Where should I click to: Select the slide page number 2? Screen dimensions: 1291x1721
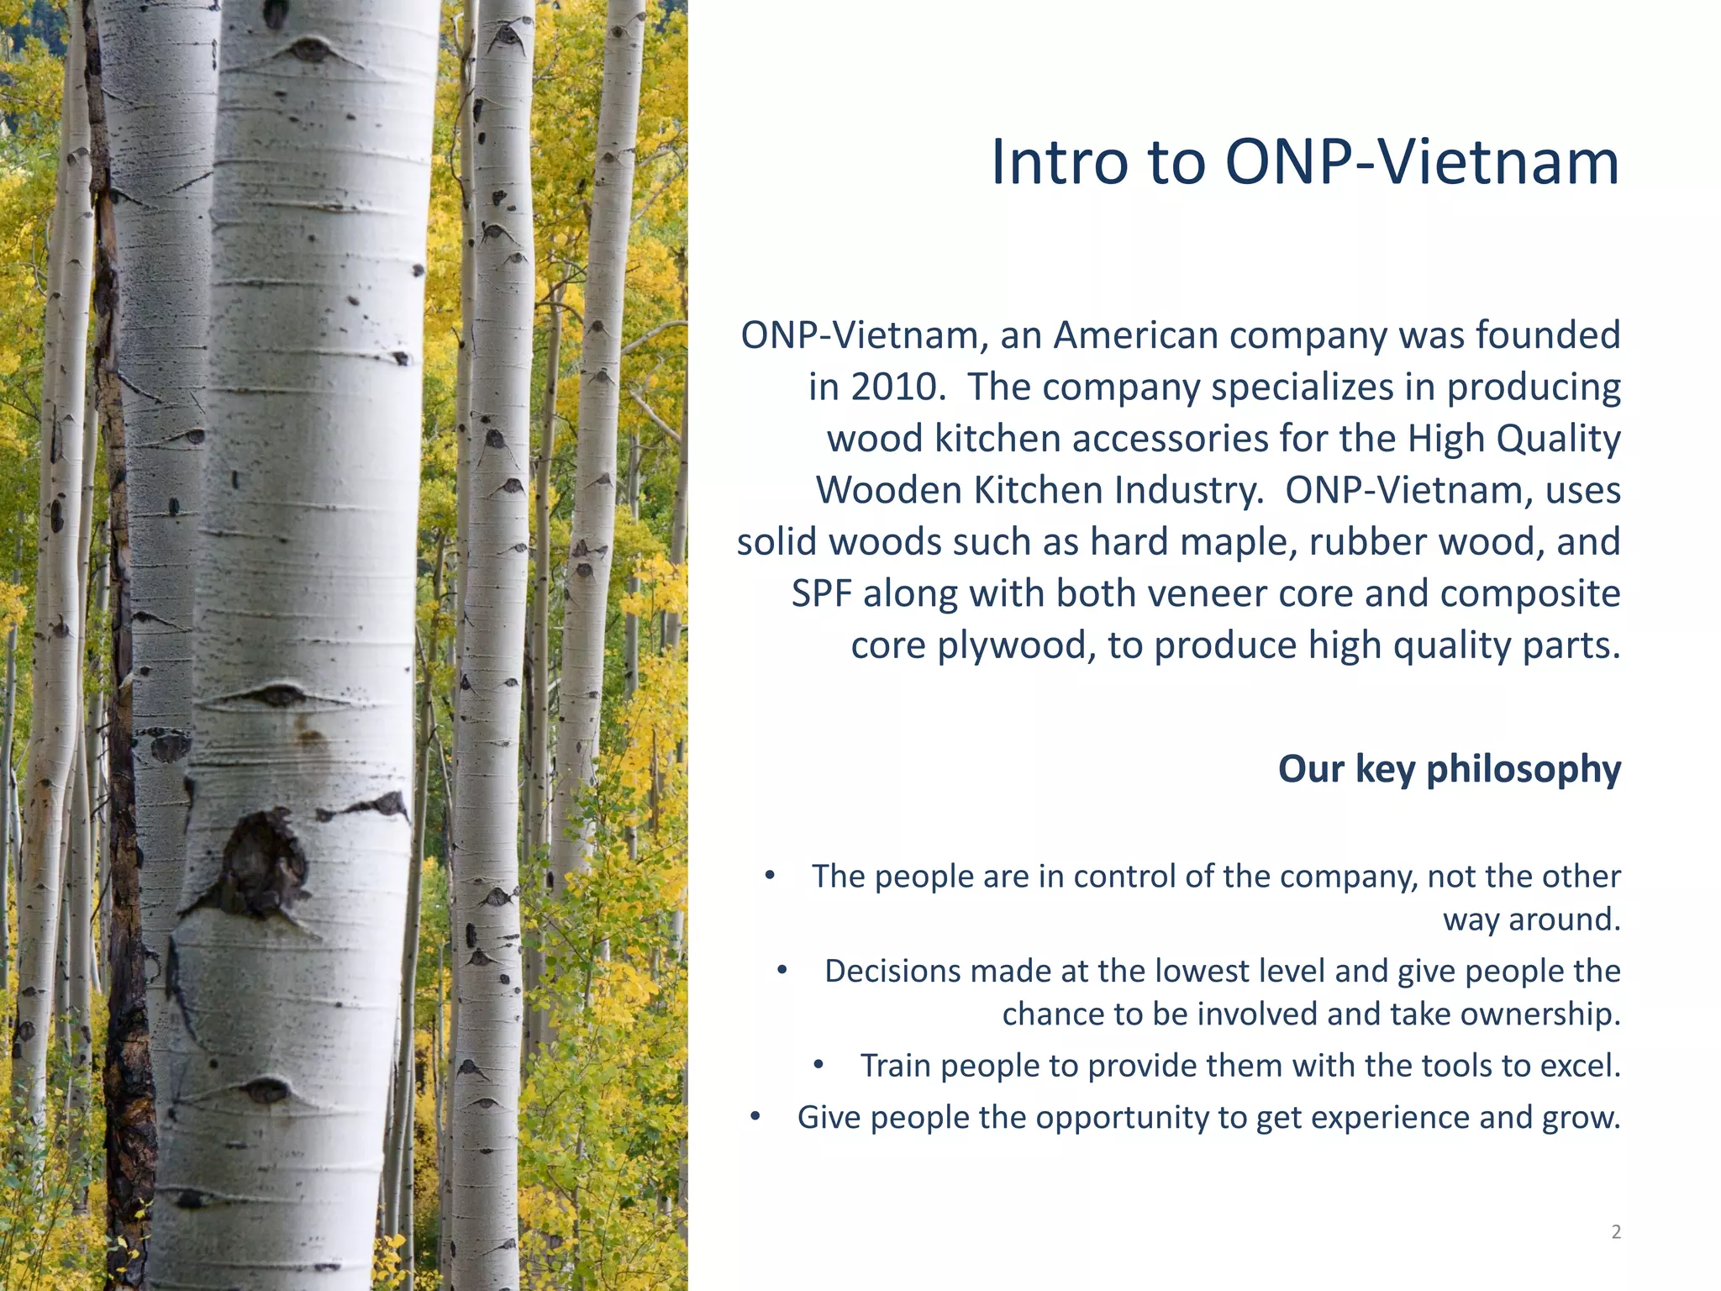click(x=1616, y=1232)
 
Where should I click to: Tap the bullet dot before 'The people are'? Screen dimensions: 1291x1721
click(x=770, y=876)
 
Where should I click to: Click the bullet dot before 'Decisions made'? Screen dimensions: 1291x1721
click(x=782, y=971)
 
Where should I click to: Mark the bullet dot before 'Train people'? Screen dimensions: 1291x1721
click(x=818, y=1066)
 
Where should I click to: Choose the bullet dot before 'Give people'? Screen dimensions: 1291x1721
click(x=755, y=1117)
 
